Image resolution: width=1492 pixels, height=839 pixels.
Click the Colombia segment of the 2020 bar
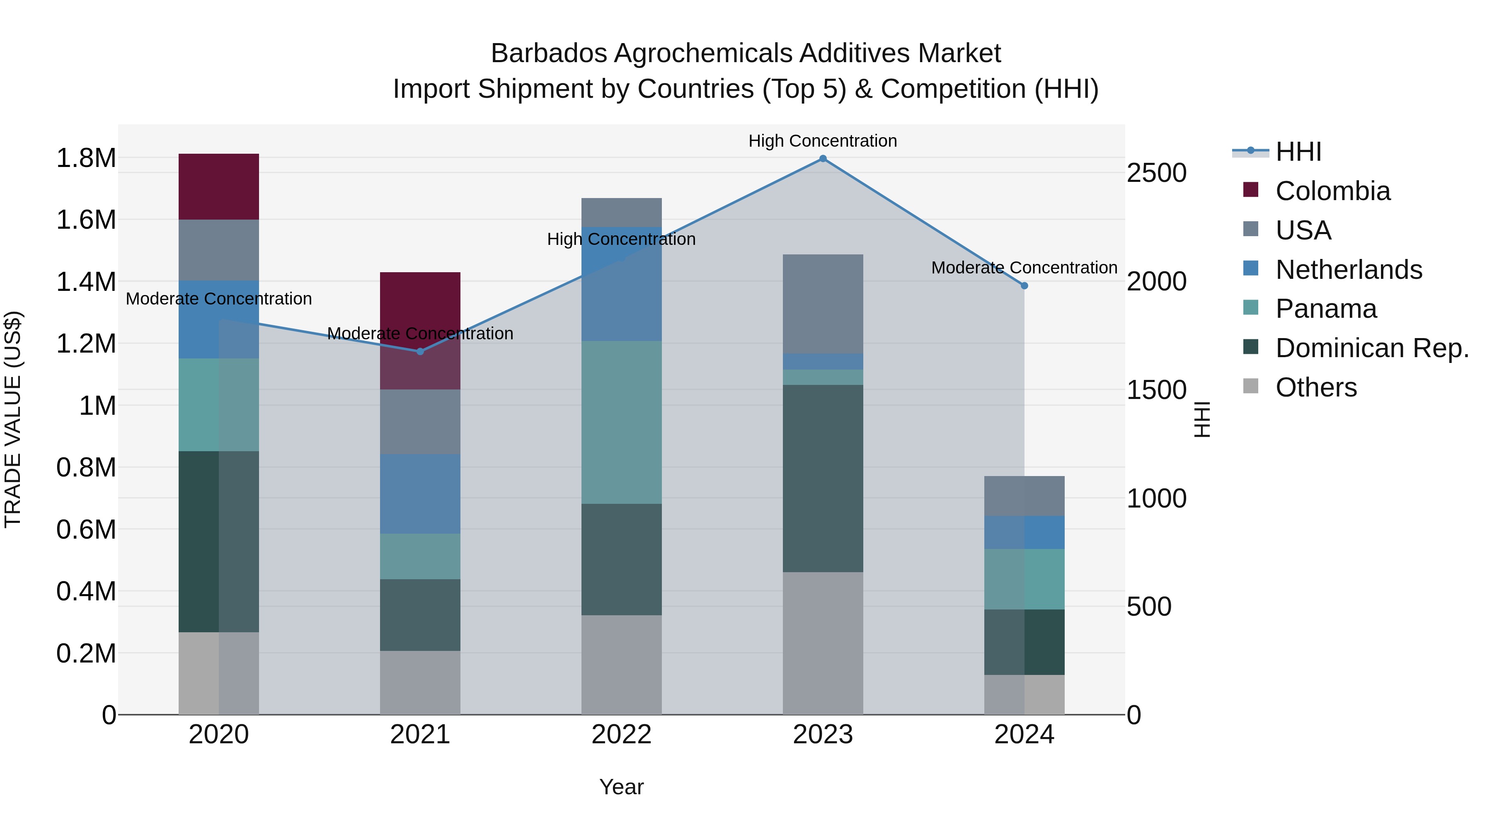tap(218, 186)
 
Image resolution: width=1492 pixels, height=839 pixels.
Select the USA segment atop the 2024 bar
tap(1024, 496)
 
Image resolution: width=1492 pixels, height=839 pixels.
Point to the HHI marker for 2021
tap(421, 351)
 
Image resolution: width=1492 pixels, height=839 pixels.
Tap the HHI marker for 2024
tap(1024, 285)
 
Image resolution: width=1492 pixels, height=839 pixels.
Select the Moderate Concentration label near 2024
tap(1024, 268)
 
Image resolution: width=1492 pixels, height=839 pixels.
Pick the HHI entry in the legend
tap(1298, 152)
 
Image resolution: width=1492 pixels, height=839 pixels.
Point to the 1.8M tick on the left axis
tap(86, 158)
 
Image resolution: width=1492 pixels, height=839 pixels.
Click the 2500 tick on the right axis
tap(1156, 173)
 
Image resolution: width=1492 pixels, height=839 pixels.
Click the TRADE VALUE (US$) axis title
tap(13, 419)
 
